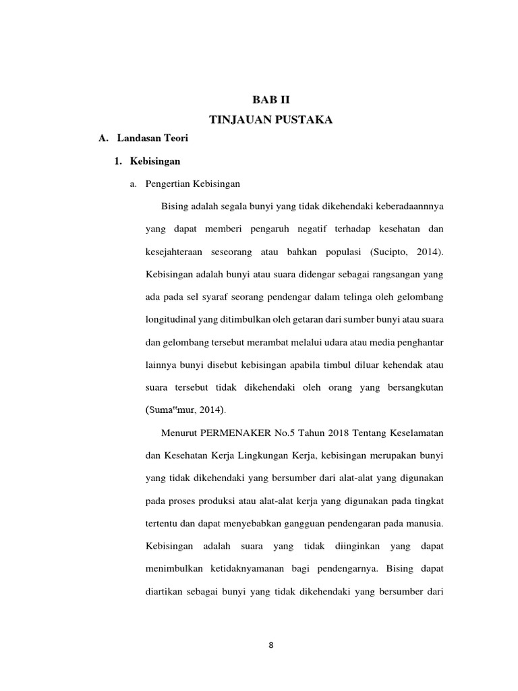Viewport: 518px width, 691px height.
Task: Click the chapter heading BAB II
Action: [x=270, y=99]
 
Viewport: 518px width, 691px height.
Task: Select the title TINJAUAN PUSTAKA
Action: [x=270, y=119]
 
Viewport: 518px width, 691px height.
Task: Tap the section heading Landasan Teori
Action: [x=152, y=138]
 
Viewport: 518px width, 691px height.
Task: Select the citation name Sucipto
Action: [x=388, y=252]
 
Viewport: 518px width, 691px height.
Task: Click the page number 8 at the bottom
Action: [x=270, y=645]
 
